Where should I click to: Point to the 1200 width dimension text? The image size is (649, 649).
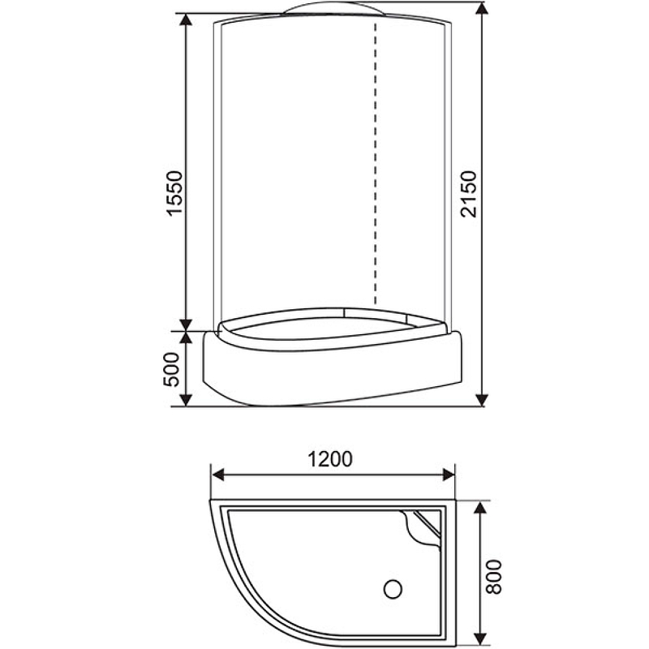[x=330, y=459]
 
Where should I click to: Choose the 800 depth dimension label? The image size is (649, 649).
[x=496, y=575]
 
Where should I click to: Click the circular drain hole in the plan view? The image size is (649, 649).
[x=395, y=586]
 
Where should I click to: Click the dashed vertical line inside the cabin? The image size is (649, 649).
[x=376, y=162]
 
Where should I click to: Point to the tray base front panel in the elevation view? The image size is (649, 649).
[x=333, y=369]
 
